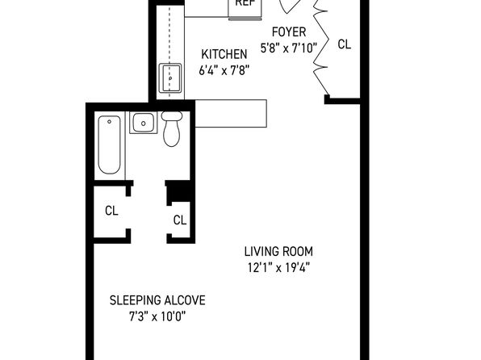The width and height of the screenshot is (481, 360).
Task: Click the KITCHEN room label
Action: [224, 54]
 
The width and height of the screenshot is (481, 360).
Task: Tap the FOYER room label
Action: [289, 32]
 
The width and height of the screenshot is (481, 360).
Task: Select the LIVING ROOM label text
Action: [278, 251]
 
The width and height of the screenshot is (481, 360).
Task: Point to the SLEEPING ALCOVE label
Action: [157, 299]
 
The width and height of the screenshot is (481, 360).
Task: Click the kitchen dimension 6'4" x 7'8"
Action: [224, 70]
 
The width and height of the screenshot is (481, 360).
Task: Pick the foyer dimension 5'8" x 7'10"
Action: [289, 48]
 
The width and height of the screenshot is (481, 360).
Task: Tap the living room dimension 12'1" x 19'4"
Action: [278, 268]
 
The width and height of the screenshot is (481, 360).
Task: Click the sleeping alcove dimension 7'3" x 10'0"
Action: [157, 316]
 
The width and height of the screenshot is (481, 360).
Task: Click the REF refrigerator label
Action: [245, 2]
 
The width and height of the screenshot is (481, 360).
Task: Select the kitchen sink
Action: [170, 77]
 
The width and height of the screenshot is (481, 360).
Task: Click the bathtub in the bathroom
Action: [109, 144]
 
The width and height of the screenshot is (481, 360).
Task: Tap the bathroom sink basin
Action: [144, 123]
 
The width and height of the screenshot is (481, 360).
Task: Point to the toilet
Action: [171, 128]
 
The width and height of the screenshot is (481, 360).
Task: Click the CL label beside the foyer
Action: [344, 44]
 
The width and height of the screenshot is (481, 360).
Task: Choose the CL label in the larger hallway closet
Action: [111, 211]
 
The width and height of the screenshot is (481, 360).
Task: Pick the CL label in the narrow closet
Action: [180, 220]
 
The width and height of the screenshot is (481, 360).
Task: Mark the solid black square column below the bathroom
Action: [179, 190]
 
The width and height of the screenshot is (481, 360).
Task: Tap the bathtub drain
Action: [109, 122]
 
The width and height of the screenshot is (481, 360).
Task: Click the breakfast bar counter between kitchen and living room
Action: [231, 113]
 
